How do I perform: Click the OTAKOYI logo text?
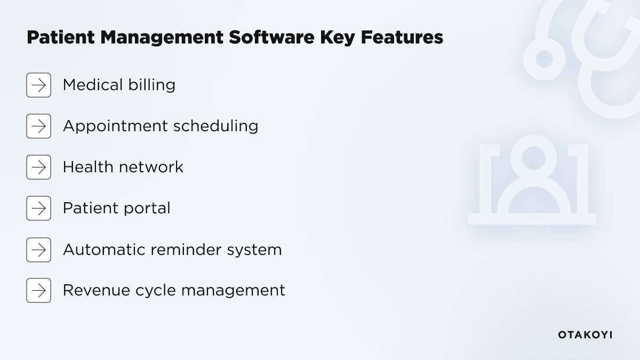[x=585, y=335]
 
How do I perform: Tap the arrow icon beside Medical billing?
[x=38, y=85]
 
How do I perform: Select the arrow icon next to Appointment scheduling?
[x=38, y=126]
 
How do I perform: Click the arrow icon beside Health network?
[x=38, y=167]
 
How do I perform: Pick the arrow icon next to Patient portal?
[x=38, y=208]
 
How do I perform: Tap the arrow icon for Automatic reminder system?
[x=38, y=250]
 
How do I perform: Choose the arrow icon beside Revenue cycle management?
[x=38, y=290]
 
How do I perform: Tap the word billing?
[x=152, y=85]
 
